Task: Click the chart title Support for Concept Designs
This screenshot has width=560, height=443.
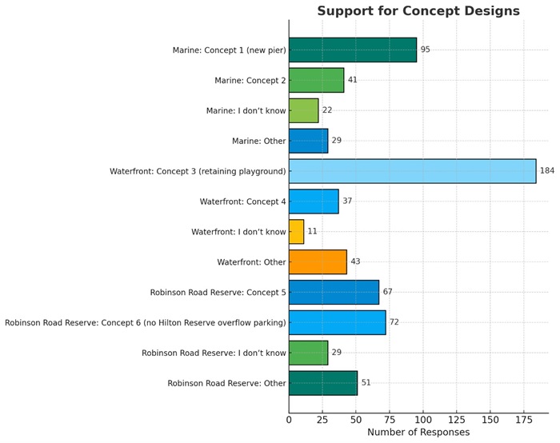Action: pos(418,11)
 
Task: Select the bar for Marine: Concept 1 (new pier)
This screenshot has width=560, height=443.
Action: pos(352,50)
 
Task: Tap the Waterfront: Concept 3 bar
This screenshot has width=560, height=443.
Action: pos(412,171)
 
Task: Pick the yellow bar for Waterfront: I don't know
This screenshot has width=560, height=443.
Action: pos(296,232)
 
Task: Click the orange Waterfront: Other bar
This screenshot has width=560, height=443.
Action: pos(318,262)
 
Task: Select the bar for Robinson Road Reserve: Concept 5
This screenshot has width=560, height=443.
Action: pos(334,293)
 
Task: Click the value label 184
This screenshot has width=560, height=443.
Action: pos(547,171)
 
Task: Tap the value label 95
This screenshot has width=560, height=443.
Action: pos(426,50)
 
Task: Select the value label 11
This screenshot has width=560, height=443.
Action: pos(312,232)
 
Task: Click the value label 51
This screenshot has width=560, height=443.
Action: pos(366,383)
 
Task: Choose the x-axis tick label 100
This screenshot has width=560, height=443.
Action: pos(423,419)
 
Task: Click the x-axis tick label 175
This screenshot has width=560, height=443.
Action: pos(524,419)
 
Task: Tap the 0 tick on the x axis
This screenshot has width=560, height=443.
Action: pos(289,419)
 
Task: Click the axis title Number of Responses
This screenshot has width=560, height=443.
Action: pos(418,433)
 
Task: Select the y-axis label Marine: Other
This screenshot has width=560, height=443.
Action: pos(258,141)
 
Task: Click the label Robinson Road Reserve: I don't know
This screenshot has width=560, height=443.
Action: pos(214,353)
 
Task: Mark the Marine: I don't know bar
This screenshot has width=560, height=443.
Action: pos(303,110)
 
